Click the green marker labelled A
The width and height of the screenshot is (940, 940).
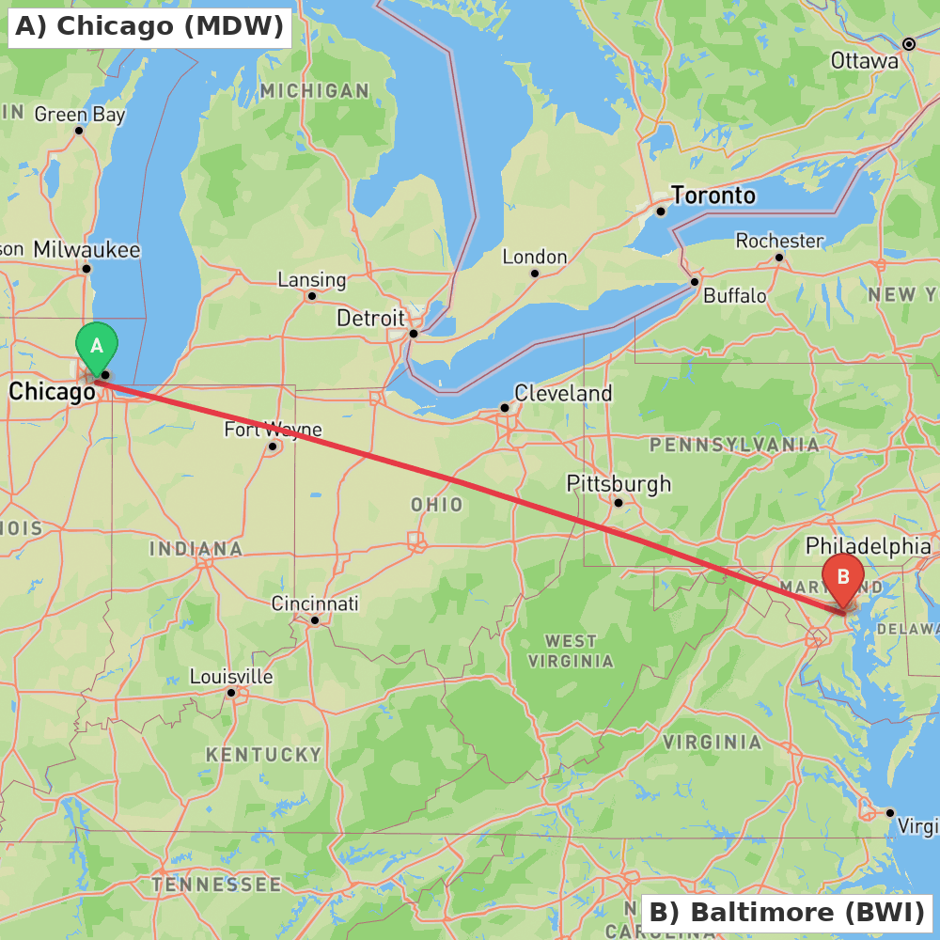[96, 346]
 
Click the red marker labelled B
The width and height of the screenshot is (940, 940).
[843, 576]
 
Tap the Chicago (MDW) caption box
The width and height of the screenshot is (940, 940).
[149, 26]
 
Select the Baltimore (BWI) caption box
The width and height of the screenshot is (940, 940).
[787, 912]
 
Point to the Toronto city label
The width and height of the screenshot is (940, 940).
[713, 196]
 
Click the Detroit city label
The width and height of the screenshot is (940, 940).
[370, 318]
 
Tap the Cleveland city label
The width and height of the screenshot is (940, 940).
[563, 393]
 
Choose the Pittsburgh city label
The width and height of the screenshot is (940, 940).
[619, 484]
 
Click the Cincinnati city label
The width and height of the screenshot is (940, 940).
[315, 603]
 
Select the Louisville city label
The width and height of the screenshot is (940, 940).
[231, 677]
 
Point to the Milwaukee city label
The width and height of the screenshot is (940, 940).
[86, 250]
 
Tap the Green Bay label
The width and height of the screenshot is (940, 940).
[80, 115]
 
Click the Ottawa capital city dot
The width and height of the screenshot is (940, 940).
[909, 44]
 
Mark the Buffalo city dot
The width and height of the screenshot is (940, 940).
[695, 281]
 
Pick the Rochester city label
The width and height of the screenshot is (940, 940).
[779, 241]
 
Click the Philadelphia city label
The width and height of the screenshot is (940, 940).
[869, 546]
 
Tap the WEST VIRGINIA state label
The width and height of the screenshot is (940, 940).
[571, 650]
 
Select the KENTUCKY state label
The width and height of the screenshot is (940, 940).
[264, 754]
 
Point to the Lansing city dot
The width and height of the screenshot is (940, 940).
[312, 296]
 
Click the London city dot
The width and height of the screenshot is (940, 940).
[535, 274]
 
